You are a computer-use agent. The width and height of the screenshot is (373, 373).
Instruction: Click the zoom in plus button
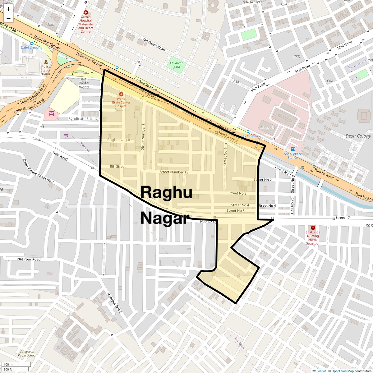pyautogui.click(x=8, y=9)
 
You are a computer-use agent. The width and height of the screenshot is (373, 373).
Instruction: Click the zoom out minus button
pyautogui.click(x=8, y=18)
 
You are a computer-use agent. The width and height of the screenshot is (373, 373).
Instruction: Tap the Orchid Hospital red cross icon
pyautogui.click(x=85, y=12)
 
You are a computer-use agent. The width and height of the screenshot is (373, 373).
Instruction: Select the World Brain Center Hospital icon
pyautogui.click(x=121, y=94)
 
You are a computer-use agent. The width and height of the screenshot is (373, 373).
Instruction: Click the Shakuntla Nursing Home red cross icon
pyautogui.click(x=313, y=228)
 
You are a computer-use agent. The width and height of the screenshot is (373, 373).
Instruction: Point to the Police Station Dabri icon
pyautogui.click(x=46, y=62)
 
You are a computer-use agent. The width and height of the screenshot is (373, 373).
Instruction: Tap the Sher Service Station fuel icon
pyautogui.click(x=292, y=150)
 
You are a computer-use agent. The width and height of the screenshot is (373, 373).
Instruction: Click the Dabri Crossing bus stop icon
pyautogui.click(x=31, y=44)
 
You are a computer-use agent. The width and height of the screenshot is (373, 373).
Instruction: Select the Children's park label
pyautogui.click(x=177, y=65)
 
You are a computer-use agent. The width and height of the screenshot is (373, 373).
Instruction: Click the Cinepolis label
pyautogui.click(x=268, y=128)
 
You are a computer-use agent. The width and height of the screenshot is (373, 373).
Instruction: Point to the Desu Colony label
pyautogui.click(x=358, y=136)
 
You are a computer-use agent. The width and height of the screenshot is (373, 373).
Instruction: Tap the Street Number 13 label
pyautogui.click(x=174, y=172)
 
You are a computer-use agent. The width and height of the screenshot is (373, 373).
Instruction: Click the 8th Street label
pyautogui.click(x=118, y=167)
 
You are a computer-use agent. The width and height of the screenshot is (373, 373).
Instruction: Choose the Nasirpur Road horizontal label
pyautogui.click(x=29, y=259)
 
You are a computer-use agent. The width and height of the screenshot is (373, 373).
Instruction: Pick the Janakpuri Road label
pyautogui.click(x=154, y=44)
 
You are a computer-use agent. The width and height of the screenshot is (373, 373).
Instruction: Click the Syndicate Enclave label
pyautogui.click(x=84, y=119)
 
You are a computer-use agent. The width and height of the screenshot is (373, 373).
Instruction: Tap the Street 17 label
pyautogui.click(x=343, y=218)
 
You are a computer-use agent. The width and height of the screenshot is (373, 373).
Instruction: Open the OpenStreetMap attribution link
pyautogui.click(x=342, y=371)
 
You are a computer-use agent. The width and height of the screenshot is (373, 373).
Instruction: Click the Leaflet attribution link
pyautogui.click(x=321, y=371)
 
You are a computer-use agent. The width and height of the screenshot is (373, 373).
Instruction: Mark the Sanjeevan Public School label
pyautogui.click(x=27, y=353)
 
